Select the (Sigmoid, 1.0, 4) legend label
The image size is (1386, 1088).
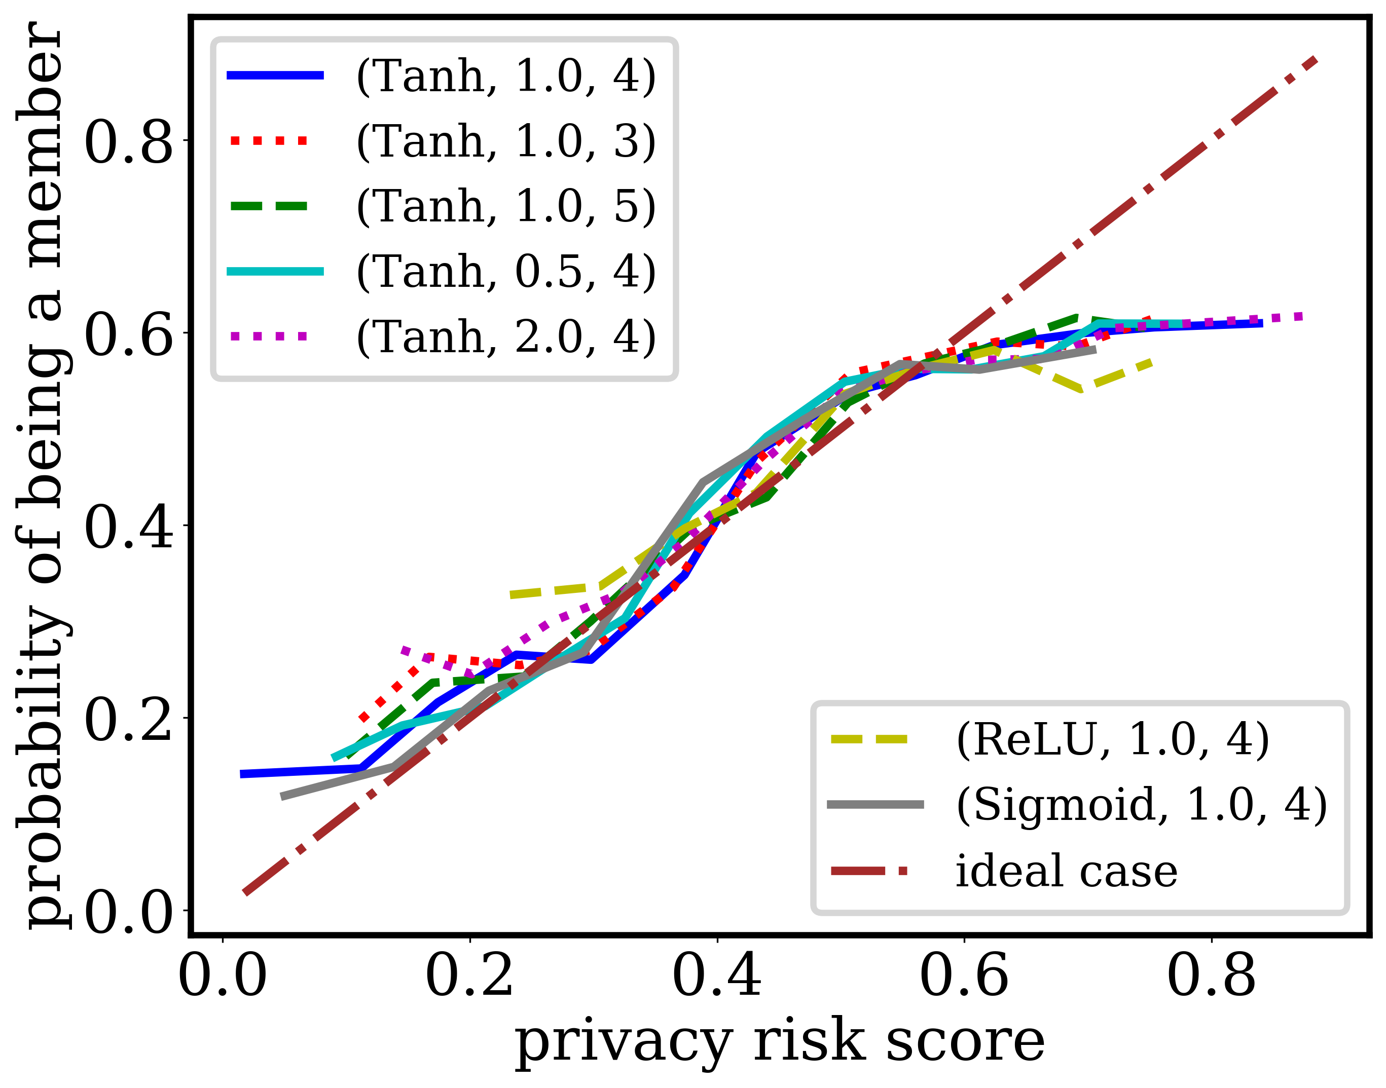(1141, 805)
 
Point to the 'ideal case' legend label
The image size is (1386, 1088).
(1066, 872)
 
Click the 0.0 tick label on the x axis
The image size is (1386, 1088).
(223, 976)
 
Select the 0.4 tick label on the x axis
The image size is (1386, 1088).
(717, 976)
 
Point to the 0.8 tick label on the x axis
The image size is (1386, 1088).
(1211, 976)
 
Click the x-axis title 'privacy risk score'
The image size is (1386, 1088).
(780, 1043)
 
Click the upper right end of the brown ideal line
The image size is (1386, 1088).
(1315, 60)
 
